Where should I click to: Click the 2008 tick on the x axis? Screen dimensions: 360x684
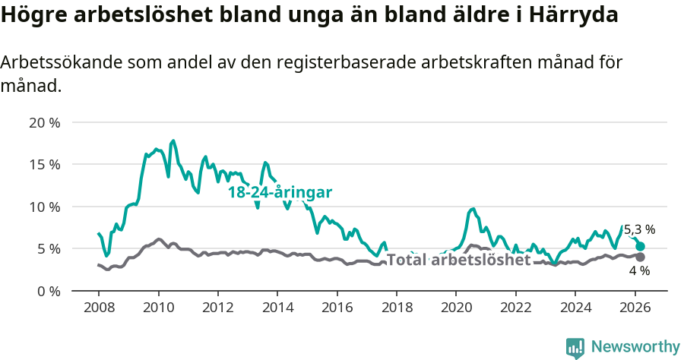[99, 308]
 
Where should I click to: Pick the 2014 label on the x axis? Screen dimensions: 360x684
[277, 308]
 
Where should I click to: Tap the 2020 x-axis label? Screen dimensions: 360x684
[455, 308]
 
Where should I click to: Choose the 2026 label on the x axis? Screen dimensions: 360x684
[634, 308]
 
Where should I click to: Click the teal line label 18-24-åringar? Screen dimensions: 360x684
[280, 193]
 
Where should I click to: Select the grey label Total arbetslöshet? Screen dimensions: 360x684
[458, 260]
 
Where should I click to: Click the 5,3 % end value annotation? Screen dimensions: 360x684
[639, 229]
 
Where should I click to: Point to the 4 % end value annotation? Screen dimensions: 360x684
[639, 270]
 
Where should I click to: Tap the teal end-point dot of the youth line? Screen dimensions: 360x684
[641, 246]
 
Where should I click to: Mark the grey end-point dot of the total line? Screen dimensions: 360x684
[641, 257]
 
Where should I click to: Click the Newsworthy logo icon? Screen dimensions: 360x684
[575, 348]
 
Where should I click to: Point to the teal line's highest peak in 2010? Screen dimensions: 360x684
[173, 141]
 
